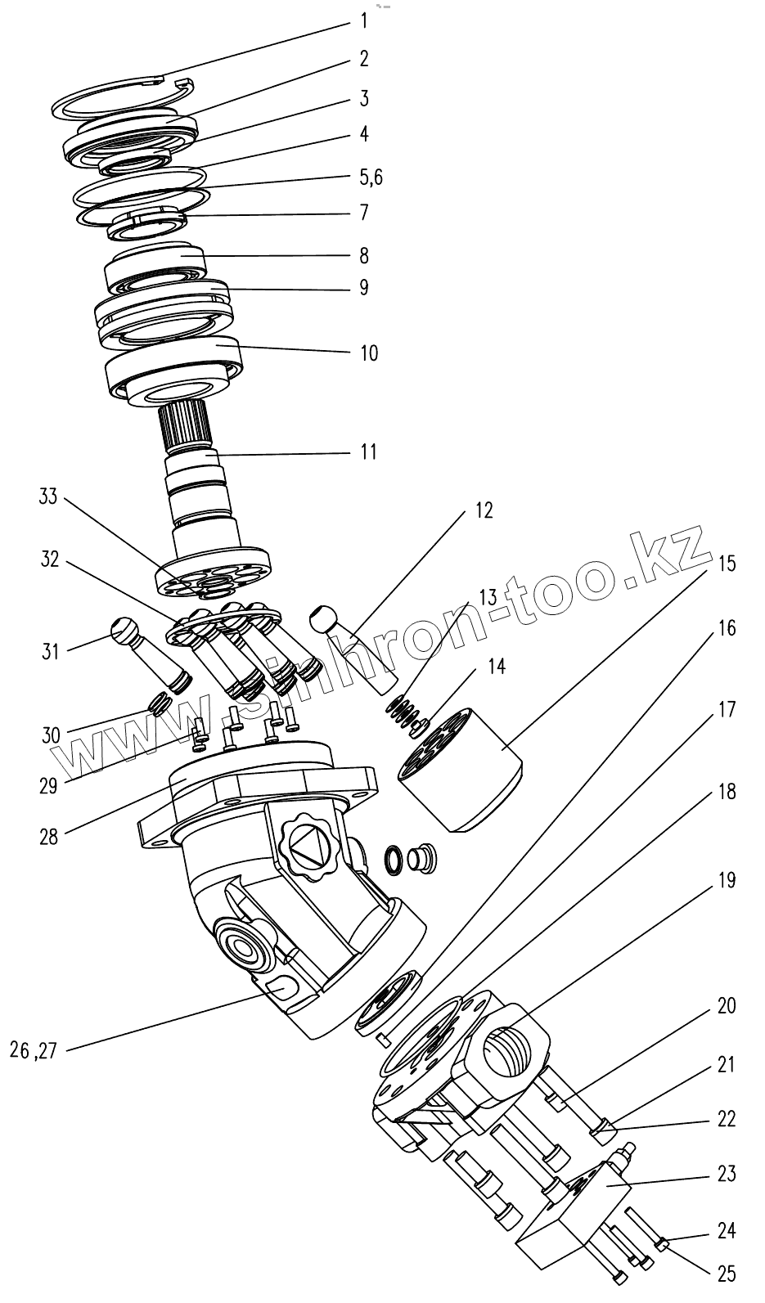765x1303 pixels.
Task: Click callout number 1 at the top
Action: pyautogui.click(x=364, y=21)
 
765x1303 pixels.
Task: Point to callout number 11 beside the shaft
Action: pyautogui.click(x=369, y=451)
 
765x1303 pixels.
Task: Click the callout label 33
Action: pyautogui.click(x=48, y=496)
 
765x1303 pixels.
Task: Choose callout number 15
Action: pyautogui.click(x=727, y=563)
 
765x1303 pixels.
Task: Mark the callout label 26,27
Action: pyautogui.click(x=34, y=1050)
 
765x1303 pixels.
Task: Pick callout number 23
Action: pyautogui.click(x=726, y=1174)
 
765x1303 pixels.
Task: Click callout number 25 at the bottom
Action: pyautogui.click(x=726, y=1274)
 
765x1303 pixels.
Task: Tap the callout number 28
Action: pyautogui.click(x=48, y=837)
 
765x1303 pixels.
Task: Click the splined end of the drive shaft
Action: pyautogui.click(x=184, y=425)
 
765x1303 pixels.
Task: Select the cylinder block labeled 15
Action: pyautogui.click(x=462, y=769)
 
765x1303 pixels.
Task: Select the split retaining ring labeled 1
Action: pyautogui.click(x=123, y=98)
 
